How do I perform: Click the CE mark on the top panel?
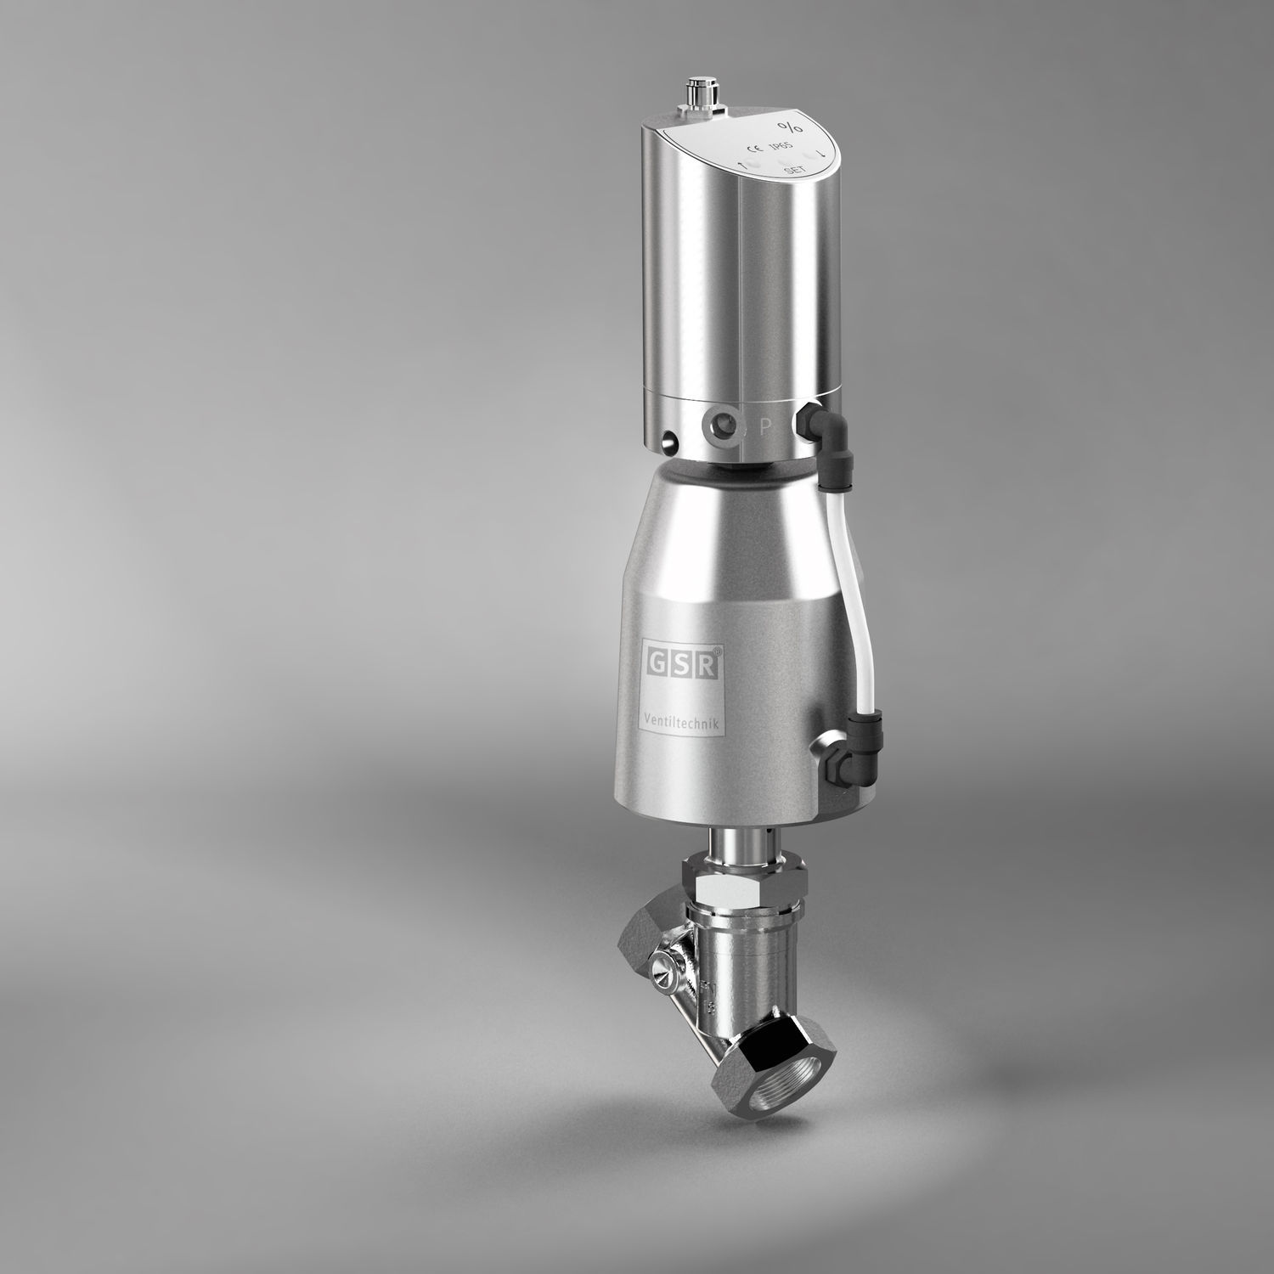point(753,146)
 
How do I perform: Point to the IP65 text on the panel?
point(778,148)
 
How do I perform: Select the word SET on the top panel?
point(793,172)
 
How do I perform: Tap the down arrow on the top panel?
point(820,155)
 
